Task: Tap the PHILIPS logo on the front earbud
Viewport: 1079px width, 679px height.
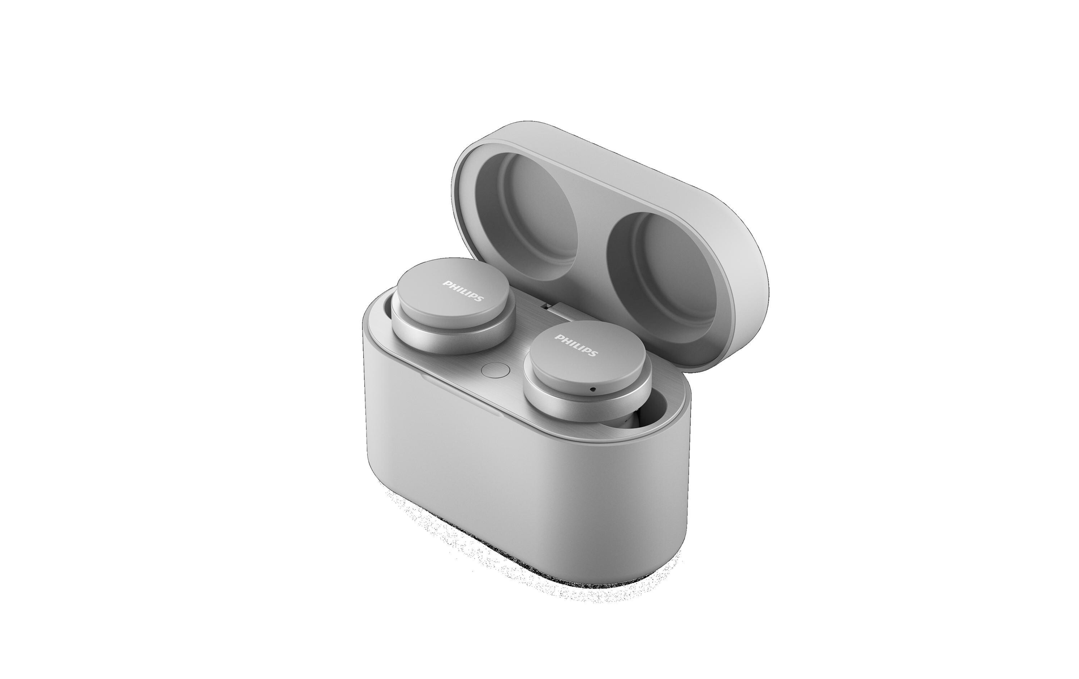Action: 575,345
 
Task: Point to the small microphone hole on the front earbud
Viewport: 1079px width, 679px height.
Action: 592,389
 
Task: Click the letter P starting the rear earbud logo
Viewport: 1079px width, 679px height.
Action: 446,282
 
